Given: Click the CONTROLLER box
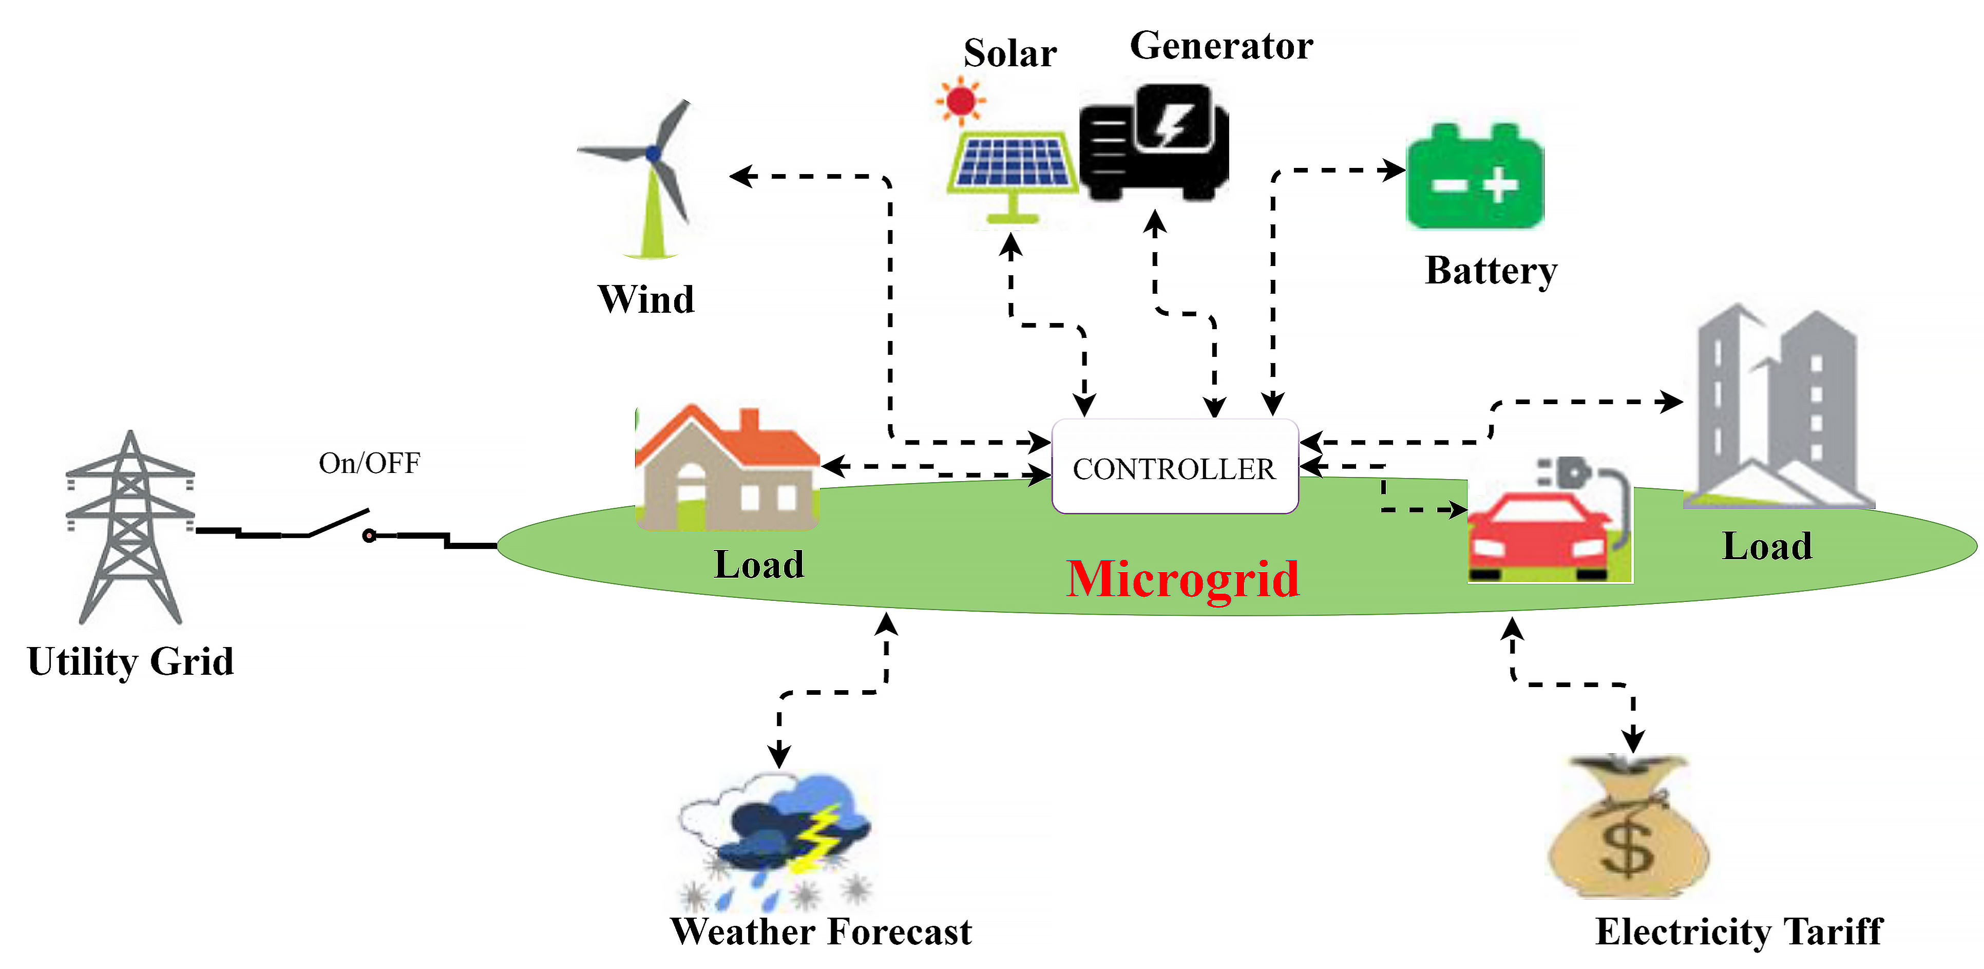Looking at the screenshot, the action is click(1175, 466).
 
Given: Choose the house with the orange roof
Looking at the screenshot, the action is click(727, 467).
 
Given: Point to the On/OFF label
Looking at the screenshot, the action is click(370, 463).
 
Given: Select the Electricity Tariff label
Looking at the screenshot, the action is click(1739, 932).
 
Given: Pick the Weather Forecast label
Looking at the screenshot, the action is click(821, 932).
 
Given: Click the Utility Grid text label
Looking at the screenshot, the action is click(130, 661).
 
